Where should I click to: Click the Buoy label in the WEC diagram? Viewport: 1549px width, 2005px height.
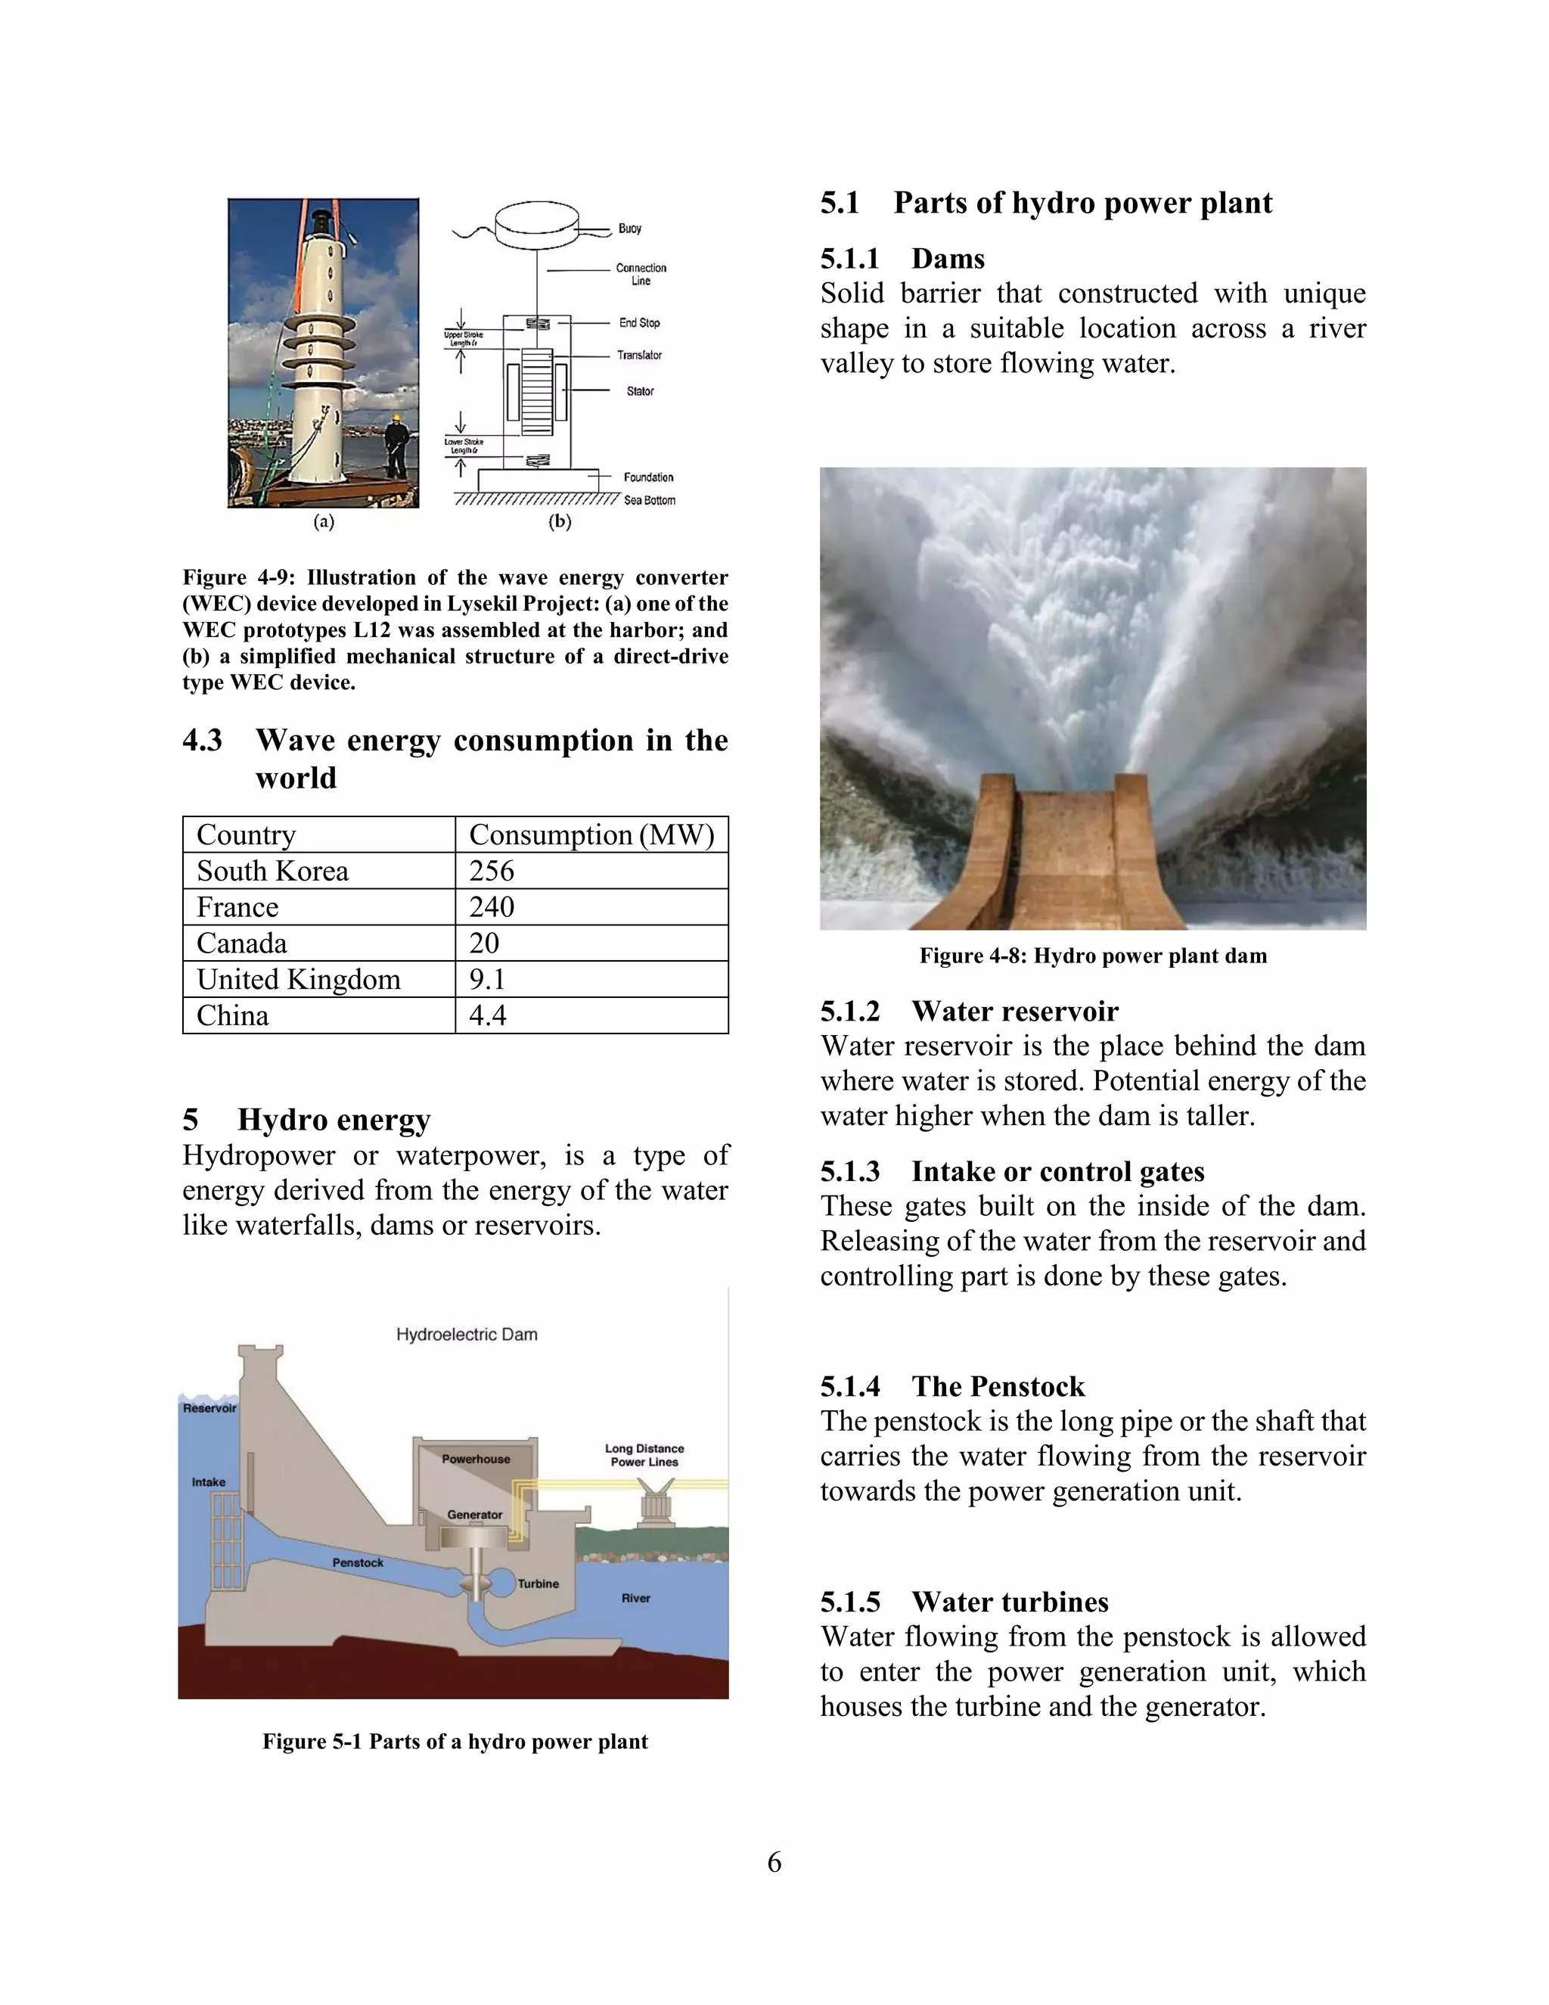629,228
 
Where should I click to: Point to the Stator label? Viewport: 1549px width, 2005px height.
640,391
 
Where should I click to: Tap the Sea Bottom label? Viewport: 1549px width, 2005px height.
650,500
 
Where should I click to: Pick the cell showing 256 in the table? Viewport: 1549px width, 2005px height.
492,870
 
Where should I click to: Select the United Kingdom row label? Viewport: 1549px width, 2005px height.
298,980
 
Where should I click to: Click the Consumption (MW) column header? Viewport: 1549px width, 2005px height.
591,835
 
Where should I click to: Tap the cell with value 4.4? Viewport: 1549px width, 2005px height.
488,1015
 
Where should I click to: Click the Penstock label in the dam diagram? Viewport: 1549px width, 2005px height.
358,1562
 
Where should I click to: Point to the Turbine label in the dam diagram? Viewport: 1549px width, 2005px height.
538,1584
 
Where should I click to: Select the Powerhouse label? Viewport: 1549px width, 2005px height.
475,1459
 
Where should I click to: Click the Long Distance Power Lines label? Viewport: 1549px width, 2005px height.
644,1455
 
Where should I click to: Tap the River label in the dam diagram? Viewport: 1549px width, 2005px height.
635,1598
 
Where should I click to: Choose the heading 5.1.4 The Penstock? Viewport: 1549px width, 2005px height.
951,1386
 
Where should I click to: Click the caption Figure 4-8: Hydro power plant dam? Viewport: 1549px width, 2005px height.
1092,956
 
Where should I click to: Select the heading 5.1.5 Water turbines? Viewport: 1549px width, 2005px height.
964,1602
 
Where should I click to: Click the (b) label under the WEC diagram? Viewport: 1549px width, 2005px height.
560,521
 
